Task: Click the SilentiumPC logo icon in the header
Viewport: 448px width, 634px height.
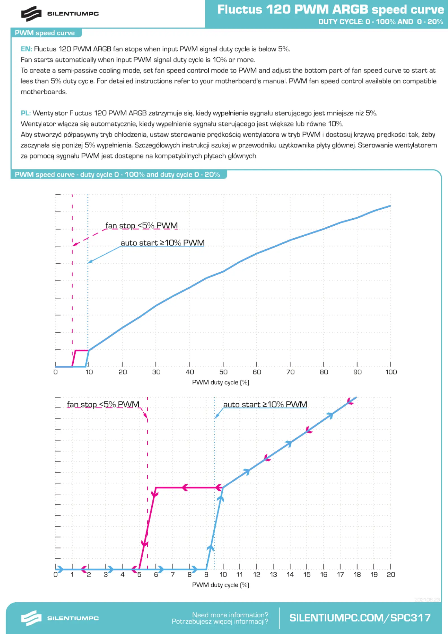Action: click(31, 14)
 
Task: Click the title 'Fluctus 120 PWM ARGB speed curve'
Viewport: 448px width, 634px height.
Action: click(331, 10)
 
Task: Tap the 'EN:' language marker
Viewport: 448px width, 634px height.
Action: click(26, 49)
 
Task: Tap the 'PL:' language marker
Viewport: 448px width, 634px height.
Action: click(26, 113)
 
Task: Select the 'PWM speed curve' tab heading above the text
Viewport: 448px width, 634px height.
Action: click(45, 33)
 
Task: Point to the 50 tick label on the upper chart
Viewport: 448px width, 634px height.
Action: click(223, 372)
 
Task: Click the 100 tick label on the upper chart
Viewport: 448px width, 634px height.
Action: click(391, 372)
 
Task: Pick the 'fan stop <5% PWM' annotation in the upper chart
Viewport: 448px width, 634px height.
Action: click(141, 226)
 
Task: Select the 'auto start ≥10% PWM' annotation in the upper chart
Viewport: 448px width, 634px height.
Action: click(163, 243)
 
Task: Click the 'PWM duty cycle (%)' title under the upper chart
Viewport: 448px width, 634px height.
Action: click(221, 382)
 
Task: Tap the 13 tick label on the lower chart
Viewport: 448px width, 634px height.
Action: click(273, 575)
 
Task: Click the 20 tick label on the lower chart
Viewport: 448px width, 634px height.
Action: click(391, 575)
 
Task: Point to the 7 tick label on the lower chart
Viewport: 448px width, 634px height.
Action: click(173, 575)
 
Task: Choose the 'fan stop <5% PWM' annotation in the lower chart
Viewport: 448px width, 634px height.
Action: click(103, 404)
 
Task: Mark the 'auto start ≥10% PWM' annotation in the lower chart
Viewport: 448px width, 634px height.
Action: click(265, 404)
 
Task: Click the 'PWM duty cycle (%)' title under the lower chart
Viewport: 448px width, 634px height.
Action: click(221, 585)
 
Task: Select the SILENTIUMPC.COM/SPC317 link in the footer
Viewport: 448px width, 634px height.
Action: click(360, 618)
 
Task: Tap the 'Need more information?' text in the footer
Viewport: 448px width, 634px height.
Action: click(230, 615)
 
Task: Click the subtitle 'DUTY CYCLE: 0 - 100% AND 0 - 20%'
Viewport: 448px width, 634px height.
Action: click(381, 22)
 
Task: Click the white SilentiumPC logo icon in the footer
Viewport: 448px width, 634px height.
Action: click(31, 618)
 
